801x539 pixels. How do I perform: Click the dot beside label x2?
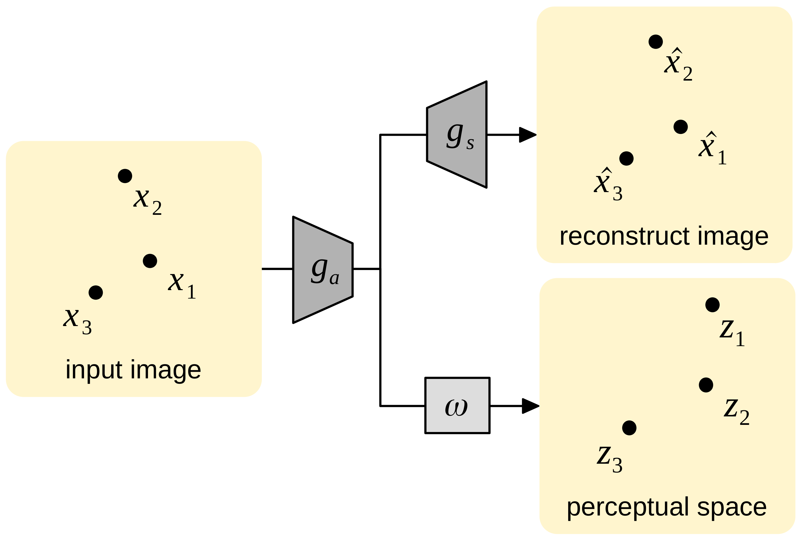pyautogui.click(x=125, y=176)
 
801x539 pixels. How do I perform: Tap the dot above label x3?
pyautogui.click(x=96, y=292)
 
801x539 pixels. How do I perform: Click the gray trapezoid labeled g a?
pyautogui.click(x=323, y=270)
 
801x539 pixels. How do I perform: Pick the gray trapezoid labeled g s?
pyautogui.click(x=457, y=134)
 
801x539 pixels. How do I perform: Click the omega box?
pyautogui.click(x=457, y=406)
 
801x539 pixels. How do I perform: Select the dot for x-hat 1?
pyautogui.click(x=680, y=127)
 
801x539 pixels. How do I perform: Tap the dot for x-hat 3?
pyautogui.click(x=626, y=159)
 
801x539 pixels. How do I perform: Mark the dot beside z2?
pyautogui.click(x=706, y=385)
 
